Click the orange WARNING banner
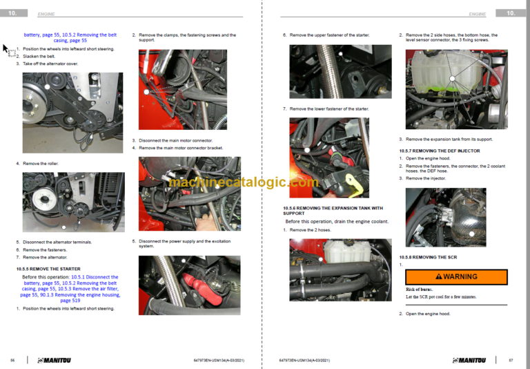coord(456,276)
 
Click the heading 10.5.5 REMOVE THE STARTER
coord(48,269)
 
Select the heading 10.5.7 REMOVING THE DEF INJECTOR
coord(440,151)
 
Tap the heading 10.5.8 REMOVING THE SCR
coord(428,257)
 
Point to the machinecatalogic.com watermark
coord(244,182)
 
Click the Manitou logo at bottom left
coord(59,360)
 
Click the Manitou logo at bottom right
coord(469,360)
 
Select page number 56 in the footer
coord(12,360)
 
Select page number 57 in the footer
coord(511,360)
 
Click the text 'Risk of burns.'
coord(420,289)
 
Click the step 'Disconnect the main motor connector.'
coord(176,140)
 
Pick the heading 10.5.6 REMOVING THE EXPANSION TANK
coord(333,211)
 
